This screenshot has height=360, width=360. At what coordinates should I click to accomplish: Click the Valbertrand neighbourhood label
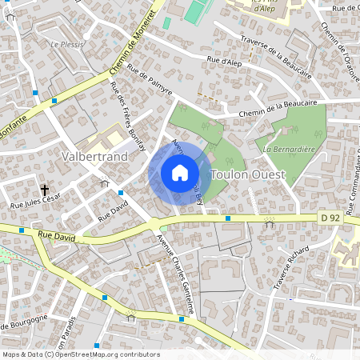pos(94,156)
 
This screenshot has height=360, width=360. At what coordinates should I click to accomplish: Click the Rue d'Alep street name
pos(224,62)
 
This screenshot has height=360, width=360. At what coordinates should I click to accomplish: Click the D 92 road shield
pos(329,217)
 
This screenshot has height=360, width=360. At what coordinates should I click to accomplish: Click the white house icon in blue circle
pos(180,173)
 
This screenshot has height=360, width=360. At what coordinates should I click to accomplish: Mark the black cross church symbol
pos(45,190)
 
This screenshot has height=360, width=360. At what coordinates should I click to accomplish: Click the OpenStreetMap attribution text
pos(81,354)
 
